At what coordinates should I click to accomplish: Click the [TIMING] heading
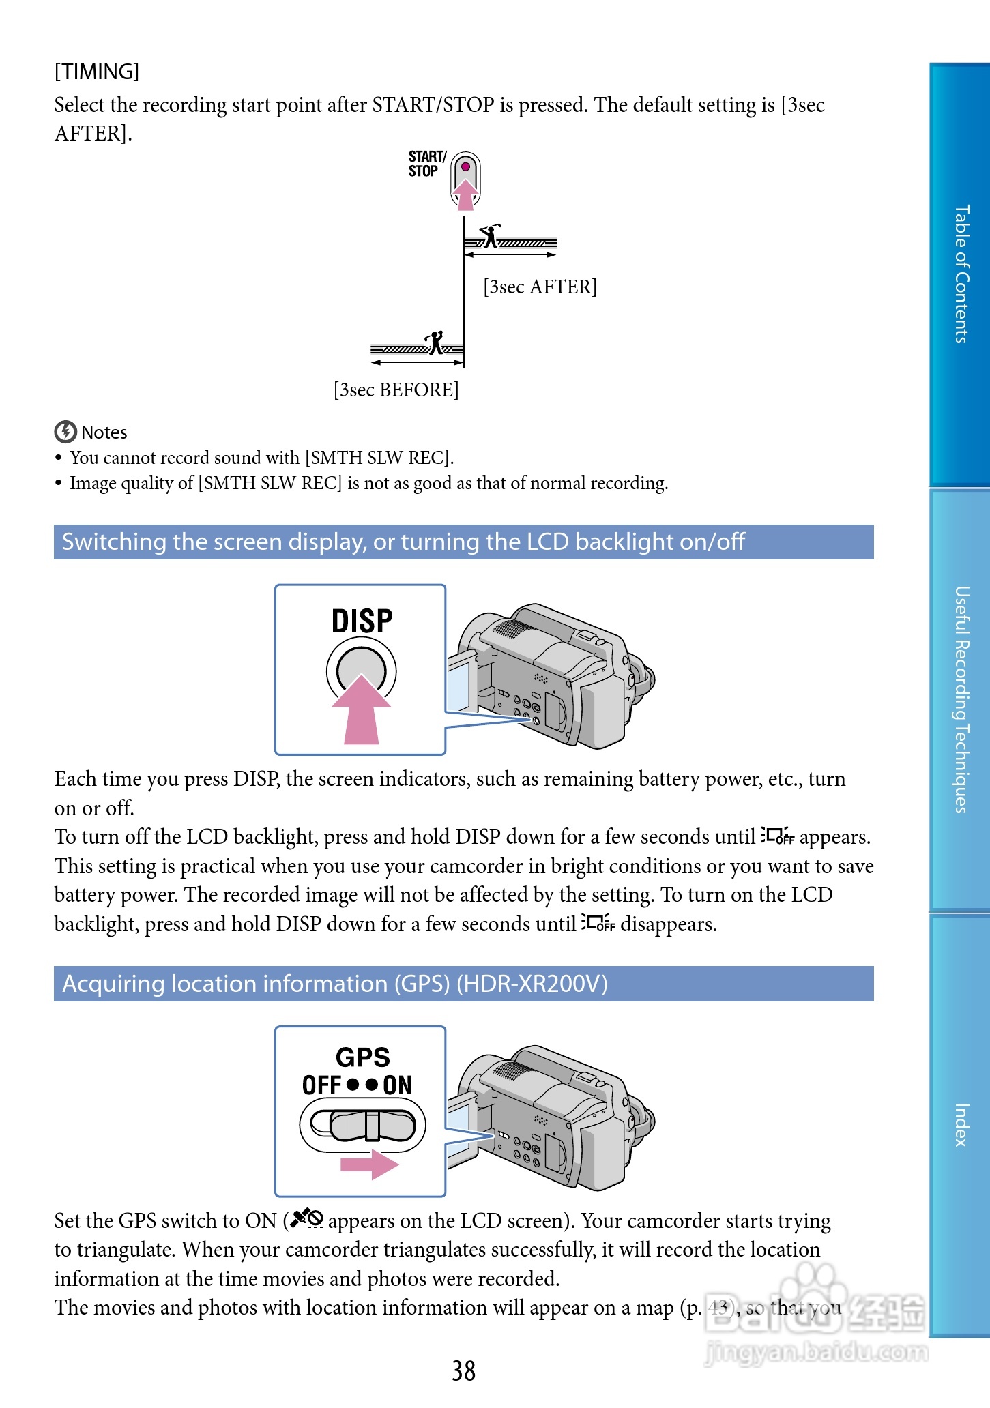(97, 72)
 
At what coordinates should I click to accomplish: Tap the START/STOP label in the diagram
(426, 164)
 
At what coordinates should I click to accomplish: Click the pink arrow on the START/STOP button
(466, 194)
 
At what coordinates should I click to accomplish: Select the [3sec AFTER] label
(540, 287)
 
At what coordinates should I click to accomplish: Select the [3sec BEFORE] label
(396, 390)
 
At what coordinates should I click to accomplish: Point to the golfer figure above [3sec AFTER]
(490, 235)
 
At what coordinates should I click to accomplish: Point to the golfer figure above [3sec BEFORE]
(435, 342)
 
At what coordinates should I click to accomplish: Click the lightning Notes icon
(65, 432)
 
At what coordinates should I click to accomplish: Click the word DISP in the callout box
(362, 621)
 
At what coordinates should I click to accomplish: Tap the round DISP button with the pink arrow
(361, 672)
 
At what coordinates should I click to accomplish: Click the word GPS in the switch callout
(362, 1057)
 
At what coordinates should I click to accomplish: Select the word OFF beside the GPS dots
(321, 1085)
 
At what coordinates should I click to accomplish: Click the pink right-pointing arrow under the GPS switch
(369, 1164)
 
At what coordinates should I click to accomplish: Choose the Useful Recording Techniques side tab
(961, 699)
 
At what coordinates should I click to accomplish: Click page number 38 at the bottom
(463, 1370)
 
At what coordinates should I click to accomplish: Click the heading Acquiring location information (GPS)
(334, 984)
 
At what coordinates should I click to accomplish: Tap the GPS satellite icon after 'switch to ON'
(307, 1218)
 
